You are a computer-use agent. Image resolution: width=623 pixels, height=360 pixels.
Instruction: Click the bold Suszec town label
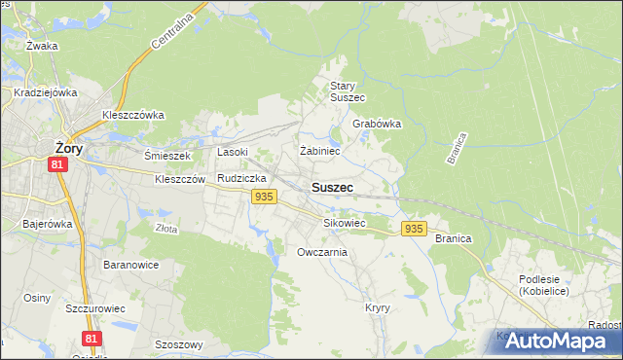pos(332,187)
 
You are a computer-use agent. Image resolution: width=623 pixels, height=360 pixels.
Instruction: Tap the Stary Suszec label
pos(347,91)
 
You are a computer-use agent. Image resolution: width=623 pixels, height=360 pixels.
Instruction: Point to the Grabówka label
pos(377,125)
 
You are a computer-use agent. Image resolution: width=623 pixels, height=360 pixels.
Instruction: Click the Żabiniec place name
pos(319,152)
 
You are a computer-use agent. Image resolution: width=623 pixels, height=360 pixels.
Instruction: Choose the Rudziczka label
pos(242,179)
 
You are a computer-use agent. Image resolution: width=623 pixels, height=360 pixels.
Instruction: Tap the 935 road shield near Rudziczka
pos(263,197)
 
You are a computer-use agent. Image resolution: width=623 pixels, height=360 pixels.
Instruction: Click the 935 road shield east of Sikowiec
pos(414,229)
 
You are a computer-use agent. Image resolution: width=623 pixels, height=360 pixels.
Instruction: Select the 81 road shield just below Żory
pos(58,166)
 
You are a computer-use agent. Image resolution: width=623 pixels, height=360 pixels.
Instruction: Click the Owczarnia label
pos(322,252)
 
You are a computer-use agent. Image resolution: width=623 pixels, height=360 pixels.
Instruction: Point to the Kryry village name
pos(378,307)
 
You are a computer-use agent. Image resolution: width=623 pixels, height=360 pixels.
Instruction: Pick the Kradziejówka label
pos(45,92)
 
